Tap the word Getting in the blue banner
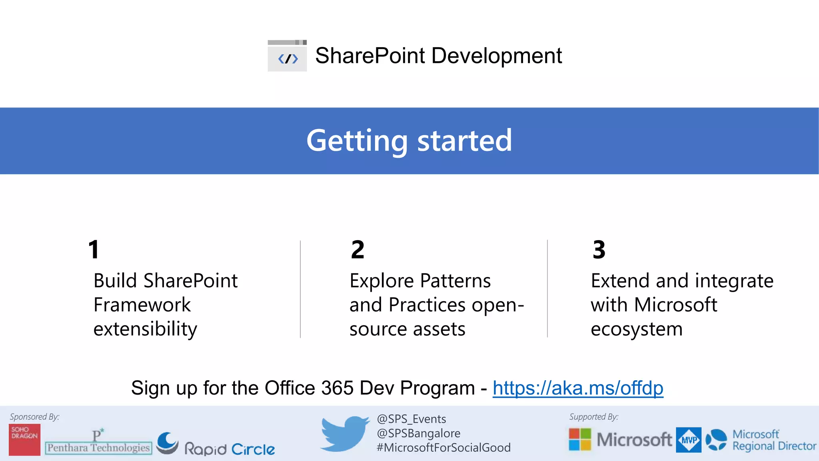357,141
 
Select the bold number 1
94,250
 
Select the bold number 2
358,250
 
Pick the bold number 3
599,250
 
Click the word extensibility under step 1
145,329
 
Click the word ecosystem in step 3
636,329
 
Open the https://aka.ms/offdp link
578,388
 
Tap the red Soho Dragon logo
25,439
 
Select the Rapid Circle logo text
230,449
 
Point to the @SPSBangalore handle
418,433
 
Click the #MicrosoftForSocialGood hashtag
443,447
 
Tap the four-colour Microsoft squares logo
580,439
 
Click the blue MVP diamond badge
689,440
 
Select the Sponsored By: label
34,417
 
